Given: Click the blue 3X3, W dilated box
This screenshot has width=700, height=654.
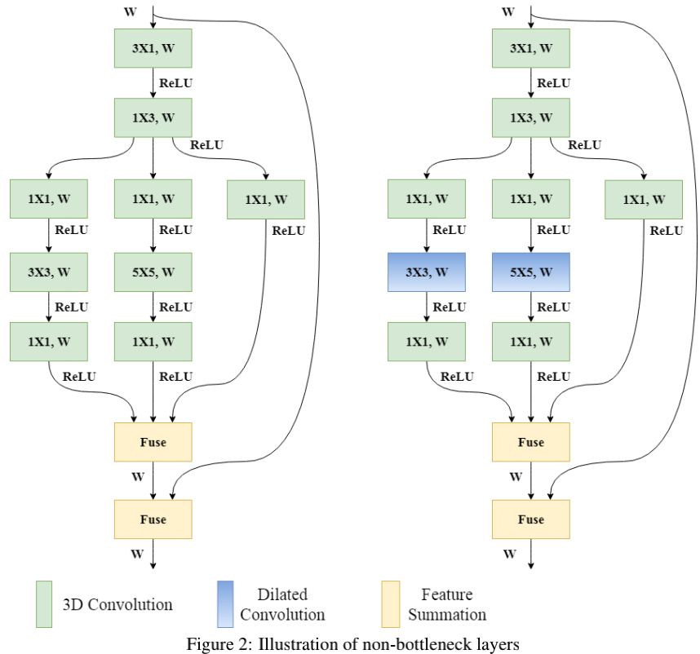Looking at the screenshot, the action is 427,272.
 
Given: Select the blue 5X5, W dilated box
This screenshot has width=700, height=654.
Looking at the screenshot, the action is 531,272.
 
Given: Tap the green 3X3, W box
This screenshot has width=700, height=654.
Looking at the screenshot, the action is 49,272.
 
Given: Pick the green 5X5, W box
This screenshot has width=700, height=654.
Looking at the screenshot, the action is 153,272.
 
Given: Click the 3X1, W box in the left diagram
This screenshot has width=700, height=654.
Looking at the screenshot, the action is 153,48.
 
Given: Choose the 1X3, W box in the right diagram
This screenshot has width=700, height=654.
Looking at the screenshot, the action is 531,117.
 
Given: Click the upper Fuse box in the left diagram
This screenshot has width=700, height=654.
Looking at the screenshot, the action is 153,442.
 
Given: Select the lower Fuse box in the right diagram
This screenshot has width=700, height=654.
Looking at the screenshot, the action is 531,519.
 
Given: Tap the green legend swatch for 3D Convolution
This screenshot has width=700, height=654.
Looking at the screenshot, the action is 44,604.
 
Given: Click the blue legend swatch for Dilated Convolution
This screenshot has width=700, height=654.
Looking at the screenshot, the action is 225,604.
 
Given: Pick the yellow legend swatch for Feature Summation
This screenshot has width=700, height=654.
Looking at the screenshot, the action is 391,604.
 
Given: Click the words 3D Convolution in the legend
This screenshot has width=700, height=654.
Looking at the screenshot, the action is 117,604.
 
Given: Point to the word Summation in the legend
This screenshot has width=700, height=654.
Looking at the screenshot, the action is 447,615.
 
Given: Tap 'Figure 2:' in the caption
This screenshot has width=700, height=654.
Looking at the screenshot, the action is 220,644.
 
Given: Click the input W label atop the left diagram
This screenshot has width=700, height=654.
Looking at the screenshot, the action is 131,11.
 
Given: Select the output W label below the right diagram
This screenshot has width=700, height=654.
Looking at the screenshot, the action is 510,554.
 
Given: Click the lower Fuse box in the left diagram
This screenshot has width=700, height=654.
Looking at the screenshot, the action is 153,519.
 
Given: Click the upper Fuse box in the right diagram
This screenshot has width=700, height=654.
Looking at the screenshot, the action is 531,442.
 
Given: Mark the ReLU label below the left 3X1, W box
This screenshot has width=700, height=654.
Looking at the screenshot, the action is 176,83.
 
